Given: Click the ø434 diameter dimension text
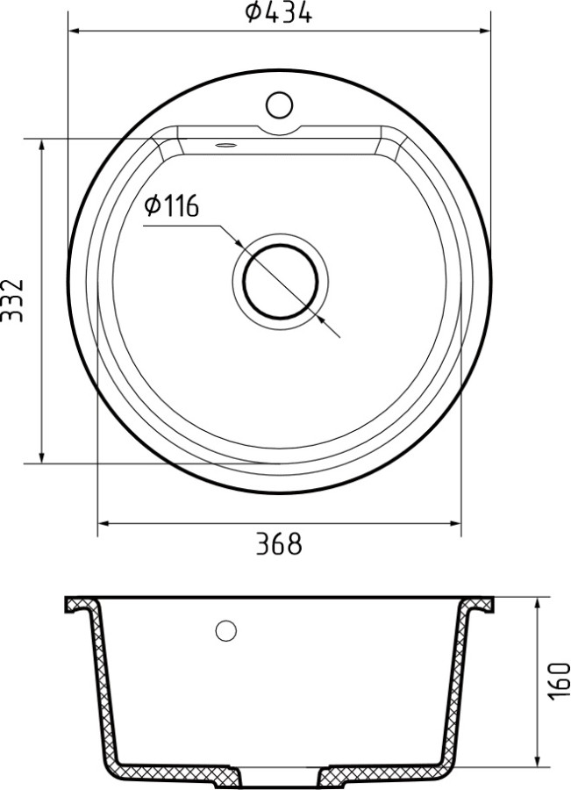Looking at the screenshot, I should pos(279,13).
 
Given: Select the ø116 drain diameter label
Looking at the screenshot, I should pos(172,207).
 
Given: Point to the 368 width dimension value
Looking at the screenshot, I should pos(279,544).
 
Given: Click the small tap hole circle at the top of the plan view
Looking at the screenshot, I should pos(279,105).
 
